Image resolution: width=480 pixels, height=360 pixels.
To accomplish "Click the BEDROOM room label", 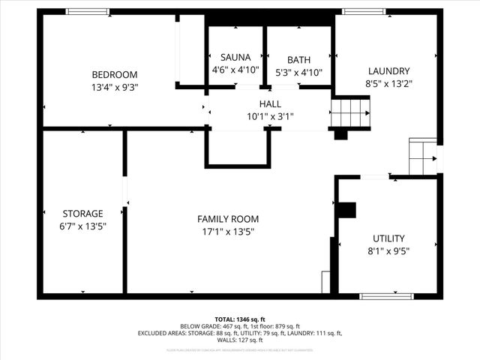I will coord(114,74).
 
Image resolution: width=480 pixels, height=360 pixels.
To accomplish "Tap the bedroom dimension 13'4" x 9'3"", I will coord(114,87).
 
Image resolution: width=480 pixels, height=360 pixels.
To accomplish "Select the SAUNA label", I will coord(235,57).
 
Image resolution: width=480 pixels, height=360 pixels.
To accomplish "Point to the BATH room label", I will coord(298,60).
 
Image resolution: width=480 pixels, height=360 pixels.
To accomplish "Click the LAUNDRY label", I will coord(388,71).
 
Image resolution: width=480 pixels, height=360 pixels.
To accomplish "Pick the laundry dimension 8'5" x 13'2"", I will coord(388,84).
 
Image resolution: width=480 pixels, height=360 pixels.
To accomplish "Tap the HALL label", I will coord(271,103).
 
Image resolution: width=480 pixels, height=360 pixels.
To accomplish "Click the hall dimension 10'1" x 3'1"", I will coord(271,116).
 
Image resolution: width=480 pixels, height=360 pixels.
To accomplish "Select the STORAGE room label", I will coord(82,213).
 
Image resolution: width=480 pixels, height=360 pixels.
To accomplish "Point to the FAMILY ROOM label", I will coord(228,219).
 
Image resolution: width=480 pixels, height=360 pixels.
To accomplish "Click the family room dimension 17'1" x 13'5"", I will coord(228,232).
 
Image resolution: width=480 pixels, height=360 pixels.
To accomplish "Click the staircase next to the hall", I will coord(350,113).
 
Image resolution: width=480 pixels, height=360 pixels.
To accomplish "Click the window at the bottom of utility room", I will coord(386,296).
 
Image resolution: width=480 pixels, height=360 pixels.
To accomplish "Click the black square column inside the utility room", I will coord(346,210).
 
